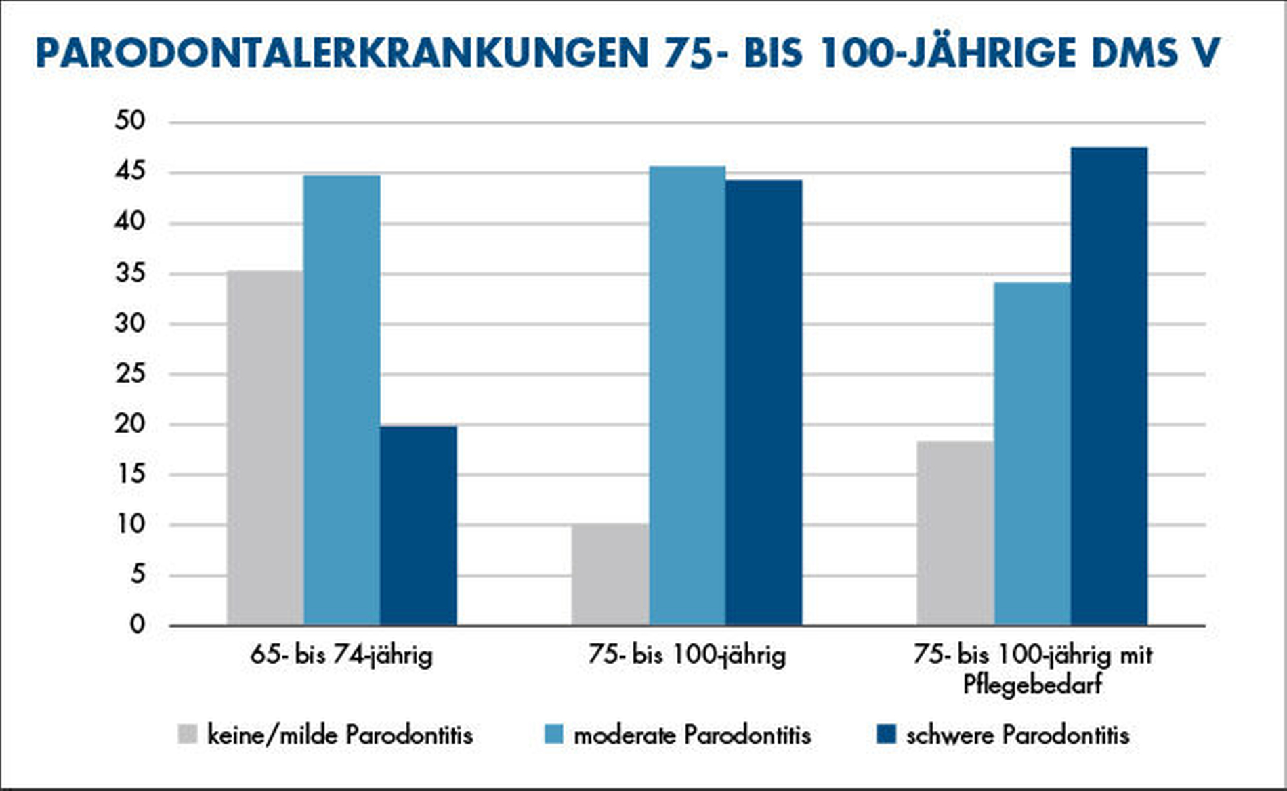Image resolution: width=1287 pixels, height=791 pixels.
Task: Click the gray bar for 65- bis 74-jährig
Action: (265, 447)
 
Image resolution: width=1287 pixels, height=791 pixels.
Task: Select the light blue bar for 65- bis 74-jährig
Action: (341, 400)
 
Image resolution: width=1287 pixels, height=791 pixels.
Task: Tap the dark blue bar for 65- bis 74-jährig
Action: (418, 525)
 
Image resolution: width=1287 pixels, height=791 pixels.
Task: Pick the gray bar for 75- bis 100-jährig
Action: (610, 574)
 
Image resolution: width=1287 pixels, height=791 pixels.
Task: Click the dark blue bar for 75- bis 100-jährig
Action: (763, 402)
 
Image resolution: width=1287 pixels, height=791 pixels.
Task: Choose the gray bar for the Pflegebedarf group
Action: (955, 533)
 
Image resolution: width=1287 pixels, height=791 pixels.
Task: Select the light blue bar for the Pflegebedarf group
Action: (1032, 454)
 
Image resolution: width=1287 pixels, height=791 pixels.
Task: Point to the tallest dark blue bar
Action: (1109, 386)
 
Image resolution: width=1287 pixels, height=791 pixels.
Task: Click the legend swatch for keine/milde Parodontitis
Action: (188, 734)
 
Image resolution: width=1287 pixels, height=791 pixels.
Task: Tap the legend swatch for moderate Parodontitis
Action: (554, 734)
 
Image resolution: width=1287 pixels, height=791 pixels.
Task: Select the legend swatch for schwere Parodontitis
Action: (886, 734)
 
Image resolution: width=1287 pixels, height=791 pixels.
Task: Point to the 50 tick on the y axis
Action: (130, 121)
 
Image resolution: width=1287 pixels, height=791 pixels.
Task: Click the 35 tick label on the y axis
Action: (130, 273)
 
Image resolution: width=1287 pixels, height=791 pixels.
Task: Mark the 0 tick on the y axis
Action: (138, 624)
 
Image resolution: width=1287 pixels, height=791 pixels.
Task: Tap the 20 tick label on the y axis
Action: (130, 424)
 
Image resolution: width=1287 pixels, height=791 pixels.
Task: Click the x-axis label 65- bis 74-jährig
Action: (341, 655)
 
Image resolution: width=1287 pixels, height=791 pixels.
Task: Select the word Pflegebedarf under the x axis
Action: (1032, 684)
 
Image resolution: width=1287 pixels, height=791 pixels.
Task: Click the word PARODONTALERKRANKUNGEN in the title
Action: (342, 54)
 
